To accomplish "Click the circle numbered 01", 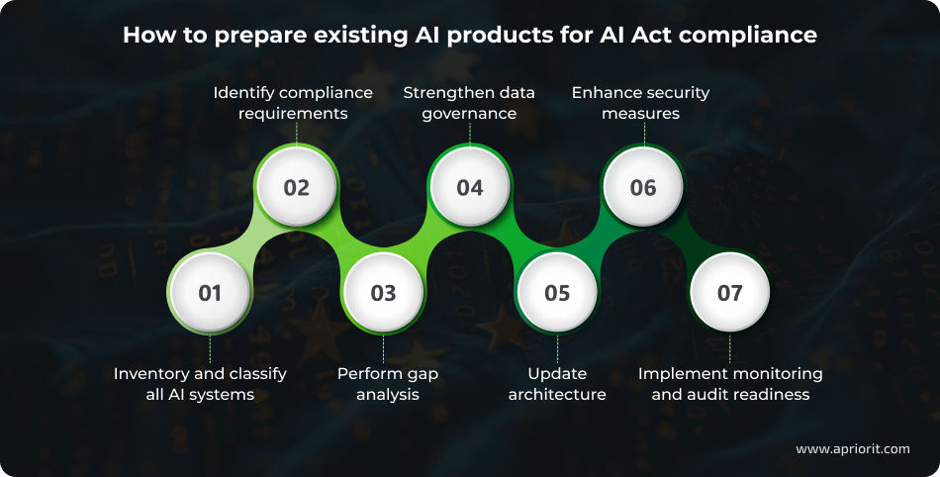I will [x=210, y=292].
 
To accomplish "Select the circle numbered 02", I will [x=296, y=187].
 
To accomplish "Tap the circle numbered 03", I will [x=383, y=292].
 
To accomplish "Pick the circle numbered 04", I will [x=469, y=187].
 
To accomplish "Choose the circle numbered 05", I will [x=557, y=292].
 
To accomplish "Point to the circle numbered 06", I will [x=643, y=187].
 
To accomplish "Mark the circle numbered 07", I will [x=729, y=292].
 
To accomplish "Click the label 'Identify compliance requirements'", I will [x=294, y=103].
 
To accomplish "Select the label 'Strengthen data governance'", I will [x=469, y=103].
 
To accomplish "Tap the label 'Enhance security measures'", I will [x=641, y=103].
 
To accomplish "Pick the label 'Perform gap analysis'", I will [x=387, y=384].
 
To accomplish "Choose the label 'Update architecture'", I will [x=557, y=384].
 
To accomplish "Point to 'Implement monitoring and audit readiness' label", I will [x=730, y=384].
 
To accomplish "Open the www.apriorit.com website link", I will [x=852, y=448].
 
